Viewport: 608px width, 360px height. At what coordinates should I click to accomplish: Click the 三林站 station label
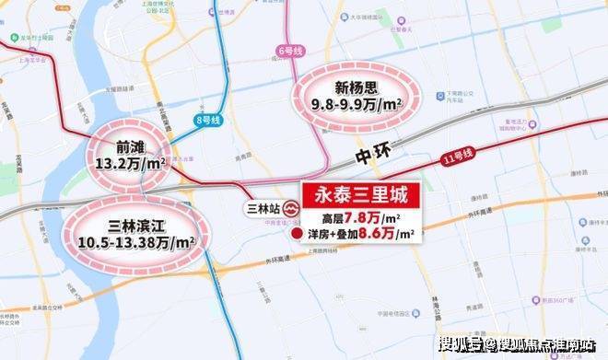263,207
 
